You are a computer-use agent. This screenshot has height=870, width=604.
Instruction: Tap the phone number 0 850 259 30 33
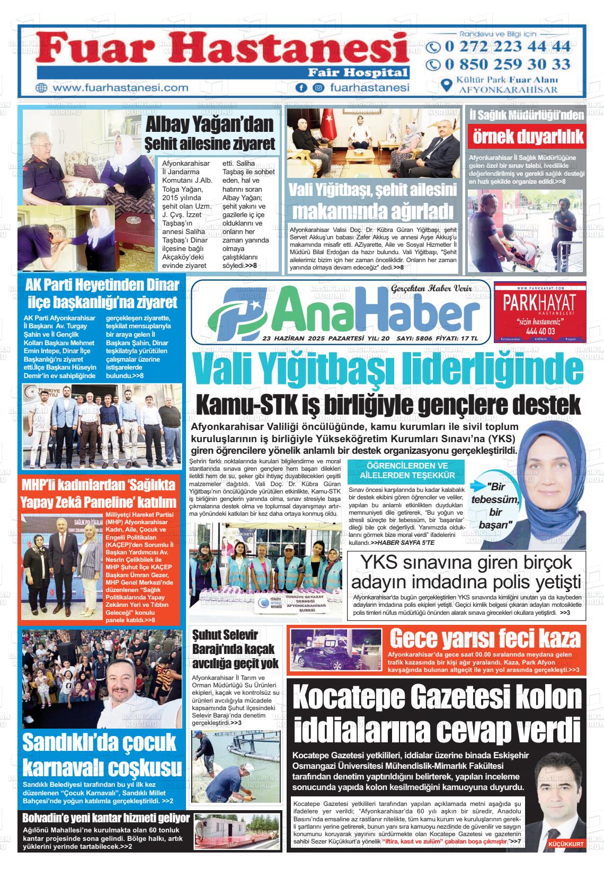point(500,65)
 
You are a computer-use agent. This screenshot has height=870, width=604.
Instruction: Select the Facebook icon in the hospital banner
point(301,88)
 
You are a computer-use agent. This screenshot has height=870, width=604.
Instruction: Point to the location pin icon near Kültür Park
point(447,85)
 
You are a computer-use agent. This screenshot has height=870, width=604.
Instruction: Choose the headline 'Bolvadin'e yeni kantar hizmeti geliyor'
point(106,818)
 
